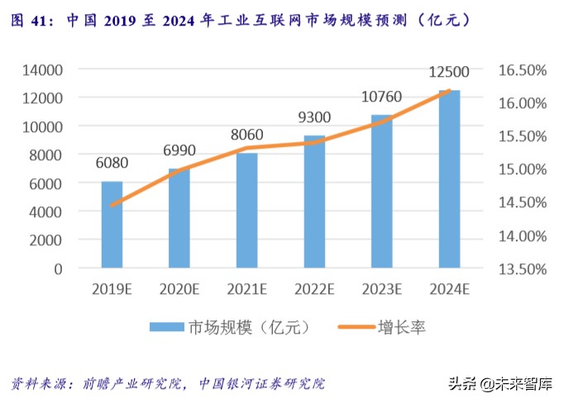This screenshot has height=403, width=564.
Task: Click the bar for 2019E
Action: coord(112,225)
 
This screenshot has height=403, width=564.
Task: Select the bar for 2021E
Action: coord(246,211)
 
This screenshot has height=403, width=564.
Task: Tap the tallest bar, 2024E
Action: coord(449,179)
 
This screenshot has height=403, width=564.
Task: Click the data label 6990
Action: coord(179,150)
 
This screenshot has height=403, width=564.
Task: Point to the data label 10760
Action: coord(381,97)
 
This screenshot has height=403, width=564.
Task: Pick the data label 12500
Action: coord(449,73)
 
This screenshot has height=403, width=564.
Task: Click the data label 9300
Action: coord(314,117)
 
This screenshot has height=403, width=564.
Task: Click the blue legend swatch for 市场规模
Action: coord(168,328)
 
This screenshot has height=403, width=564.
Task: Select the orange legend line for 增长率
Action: coord(355,328)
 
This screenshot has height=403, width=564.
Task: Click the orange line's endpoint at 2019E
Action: coord(112,205)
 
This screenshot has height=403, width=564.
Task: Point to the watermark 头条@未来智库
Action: coord(500,384)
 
